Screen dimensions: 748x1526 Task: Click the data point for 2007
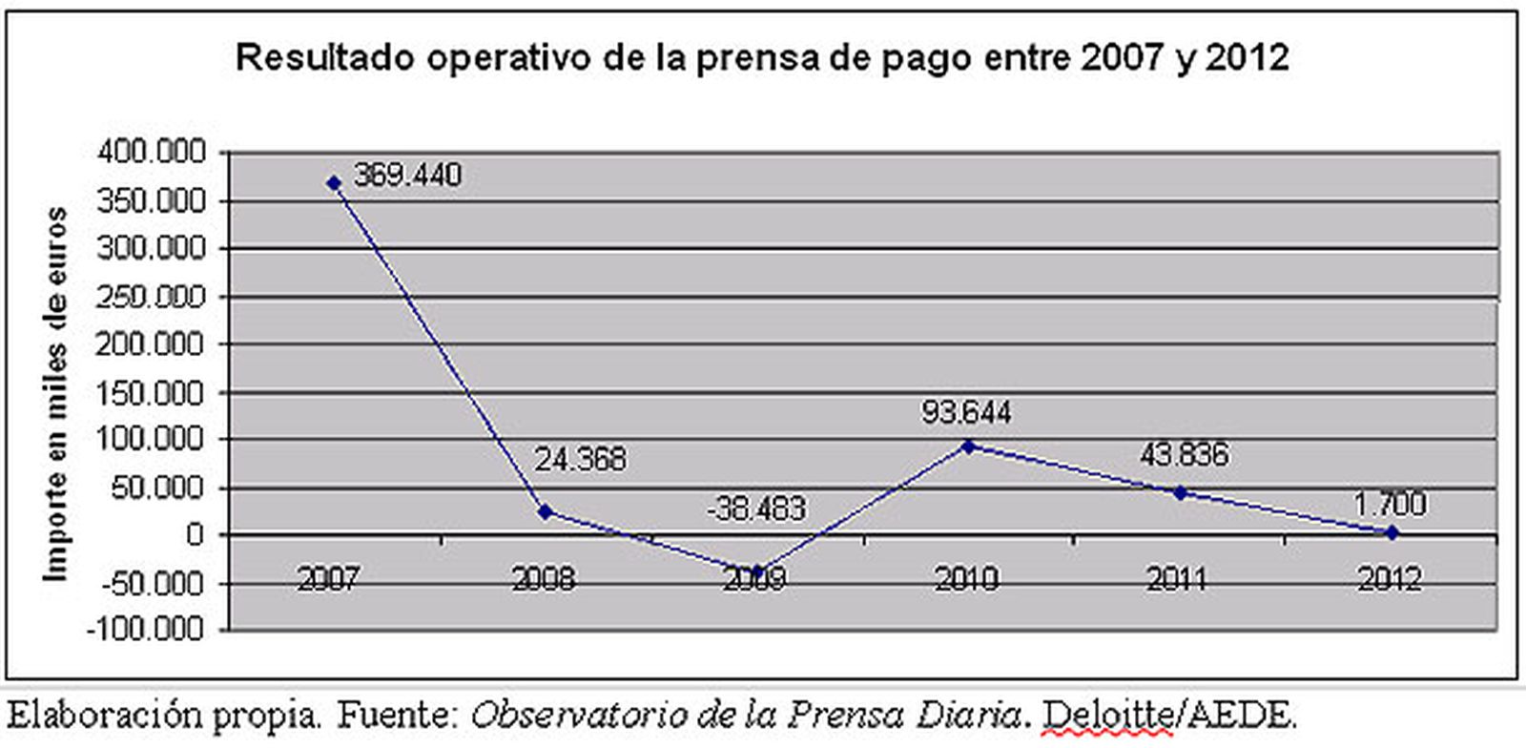click(334, 182)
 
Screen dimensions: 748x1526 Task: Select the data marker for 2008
click(546, 511)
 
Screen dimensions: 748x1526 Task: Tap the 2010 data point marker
click(968, 446)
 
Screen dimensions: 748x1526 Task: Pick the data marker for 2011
click(1180, 492)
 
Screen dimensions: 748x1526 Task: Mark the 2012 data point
click(1392, 532)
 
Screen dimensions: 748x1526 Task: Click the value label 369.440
click(407, 176)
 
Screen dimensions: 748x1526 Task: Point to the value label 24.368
click(580, 460)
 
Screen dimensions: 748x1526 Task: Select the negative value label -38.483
click(756, 509)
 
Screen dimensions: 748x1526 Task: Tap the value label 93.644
click(966, 412)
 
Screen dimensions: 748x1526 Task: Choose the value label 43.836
click(1184, 454)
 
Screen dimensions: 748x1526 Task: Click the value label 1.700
click(1391, 503)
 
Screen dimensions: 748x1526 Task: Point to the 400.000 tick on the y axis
click(152, 152)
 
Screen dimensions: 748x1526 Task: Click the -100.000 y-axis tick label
click(146, 630)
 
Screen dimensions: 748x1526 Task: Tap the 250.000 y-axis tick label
click(152, 296)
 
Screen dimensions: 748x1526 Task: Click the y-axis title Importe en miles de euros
click(57, 393)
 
